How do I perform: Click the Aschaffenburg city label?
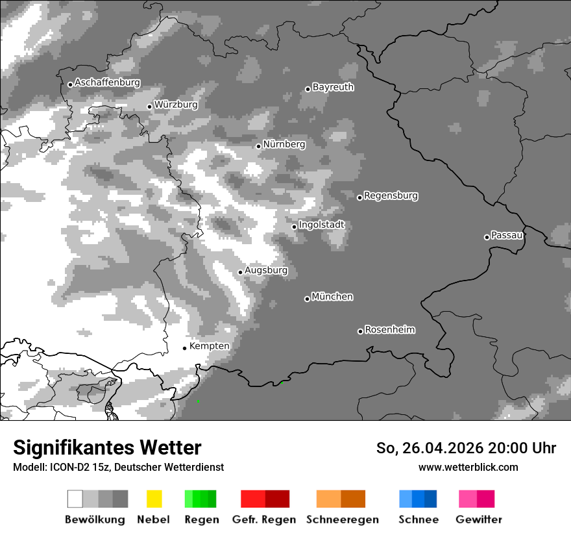(107, 82)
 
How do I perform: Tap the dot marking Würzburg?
(149, 107)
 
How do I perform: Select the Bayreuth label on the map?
(333, 87)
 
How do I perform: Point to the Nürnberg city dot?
(258, 146)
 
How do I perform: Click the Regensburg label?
(391, 195)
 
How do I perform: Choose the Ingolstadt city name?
(321, 225)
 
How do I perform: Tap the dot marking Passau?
(487, 237)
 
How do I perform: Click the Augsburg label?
(265, 270)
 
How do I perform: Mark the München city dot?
(307, 299)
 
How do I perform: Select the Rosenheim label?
(389, 329)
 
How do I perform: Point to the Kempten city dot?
(184, 348)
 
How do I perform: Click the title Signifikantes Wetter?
(107, 448)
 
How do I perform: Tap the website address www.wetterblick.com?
(468, 467)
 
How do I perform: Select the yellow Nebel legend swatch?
(154, 499)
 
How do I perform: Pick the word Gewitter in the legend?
(478, 520)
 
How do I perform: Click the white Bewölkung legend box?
(75, 499)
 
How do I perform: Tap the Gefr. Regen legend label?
(264, 520)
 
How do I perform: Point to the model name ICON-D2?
(68, 467)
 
